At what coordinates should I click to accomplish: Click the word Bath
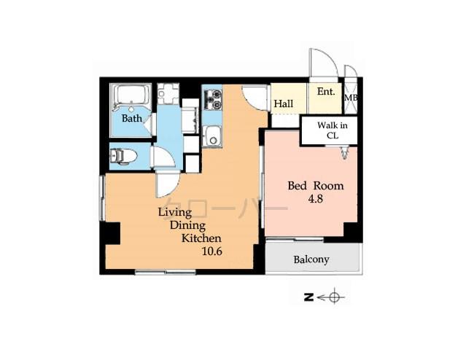click(x=132, y=118)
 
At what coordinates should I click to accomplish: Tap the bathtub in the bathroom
click(x=131, y=96)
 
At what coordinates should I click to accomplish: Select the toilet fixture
click(x=122, y=155)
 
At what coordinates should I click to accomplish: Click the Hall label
click(x=284, y=103)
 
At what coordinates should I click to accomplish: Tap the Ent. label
click(x=326, y=92)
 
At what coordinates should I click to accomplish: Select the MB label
click(x=351, y=98)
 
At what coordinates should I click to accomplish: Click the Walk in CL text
click(x=332, y=130)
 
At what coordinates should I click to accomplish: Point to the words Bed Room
click(x=315, y=186)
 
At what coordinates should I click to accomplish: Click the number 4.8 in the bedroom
click(x=315, y=199)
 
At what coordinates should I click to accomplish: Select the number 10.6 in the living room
click(x=212, y=252)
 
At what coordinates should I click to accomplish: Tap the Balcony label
click(x=311, y=259)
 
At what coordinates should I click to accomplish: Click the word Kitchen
click(x=201, y=239)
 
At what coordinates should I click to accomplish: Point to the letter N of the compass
click(x=309, y=297)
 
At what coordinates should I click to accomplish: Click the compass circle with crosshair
click(x=335, y=297)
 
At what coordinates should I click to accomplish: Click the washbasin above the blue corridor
click(x=168, y=95)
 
